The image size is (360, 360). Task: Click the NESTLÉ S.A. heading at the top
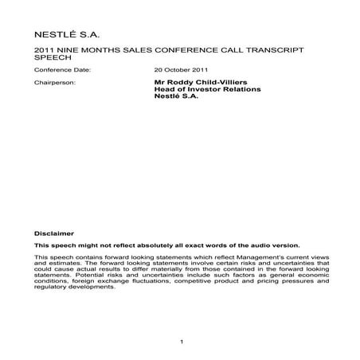tap(68, 35)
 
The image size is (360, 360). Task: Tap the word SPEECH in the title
tap(52, 58)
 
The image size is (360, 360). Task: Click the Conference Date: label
tap(63, 70)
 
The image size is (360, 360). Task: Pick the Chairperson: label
tap(55, 82)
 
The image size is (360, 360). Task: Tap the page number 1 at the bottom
tap(182, 342)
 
